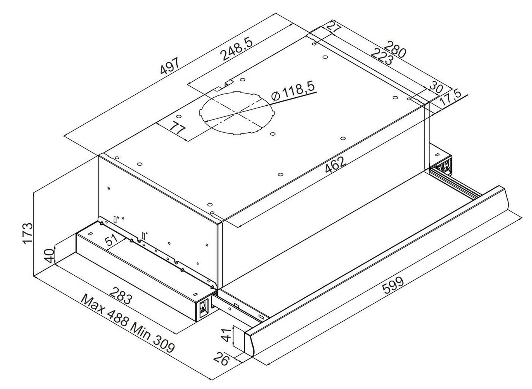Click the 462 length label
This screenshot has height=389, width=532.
point(335,164)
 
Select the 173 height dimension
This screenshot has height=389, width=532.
point(28,233)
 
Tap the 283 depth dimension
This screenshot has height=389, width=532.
point(120,295)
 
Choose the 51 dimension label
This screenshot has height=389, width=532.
point(111,240)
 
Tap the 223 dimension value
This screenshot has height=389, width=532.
point(382,57)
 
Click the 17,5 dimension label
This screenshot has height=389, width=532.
point(449,97)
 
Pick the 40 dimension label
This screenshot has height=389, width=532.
point(49,256)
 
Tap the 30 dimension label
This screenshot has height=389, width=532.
point(436,87)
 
